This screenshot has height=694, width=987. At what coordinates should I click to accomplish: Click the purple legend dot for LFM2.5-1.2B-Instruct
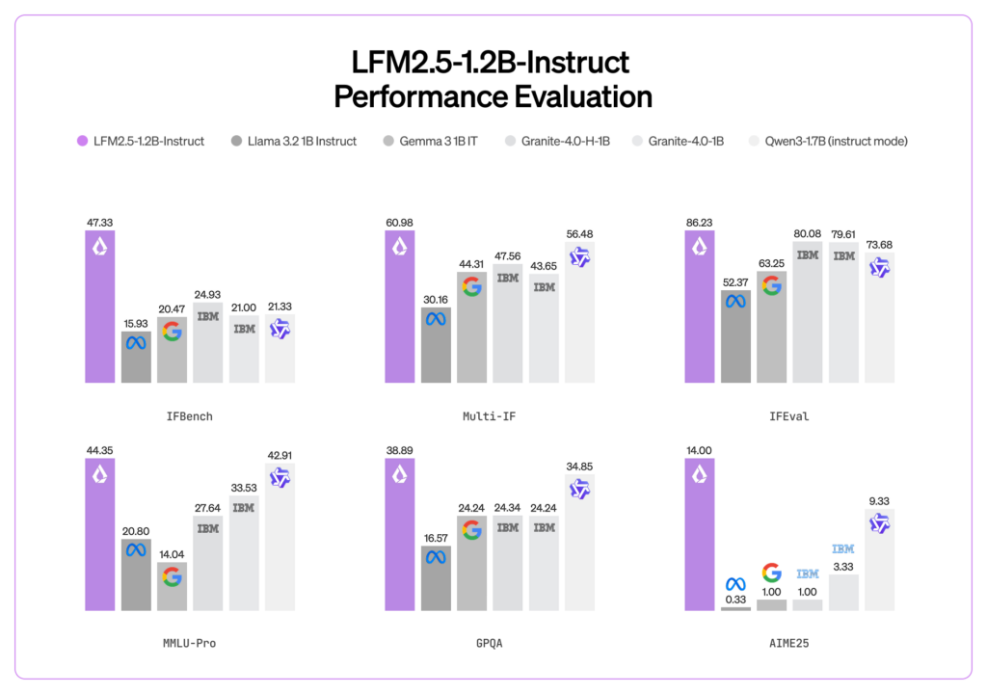click(x=82, y=142)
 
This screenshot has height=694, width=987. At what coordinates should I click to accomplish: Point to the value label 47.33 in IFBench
click(x=100, y=222)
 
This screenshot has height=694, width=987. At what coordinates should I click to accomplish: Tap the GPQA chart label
click(x=489, y=643)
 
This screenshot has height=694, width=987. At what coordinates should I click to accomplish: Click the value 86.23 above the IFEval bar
click(x=700, y=222)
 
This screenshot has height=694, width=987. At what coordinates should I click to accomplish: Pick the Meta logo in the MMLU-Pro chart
click(x=136, y=550)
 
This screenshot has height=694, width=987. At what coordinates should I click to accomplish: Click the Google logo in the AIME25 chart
click(x=771, y=573)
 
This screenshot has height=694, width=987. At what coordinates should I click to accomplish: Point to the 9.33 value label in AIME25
click(x=879, y=501)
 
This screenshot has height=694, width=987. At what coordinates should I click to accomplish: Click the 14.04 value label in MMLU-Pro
click(x=172, y=553)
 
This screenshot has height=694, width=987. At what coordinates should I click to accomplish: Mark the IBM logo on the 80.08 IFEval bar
click(x=808, y=255)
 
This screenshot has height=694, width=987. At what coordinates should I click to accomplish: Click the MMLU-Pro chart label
click(x=189, y=643)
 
